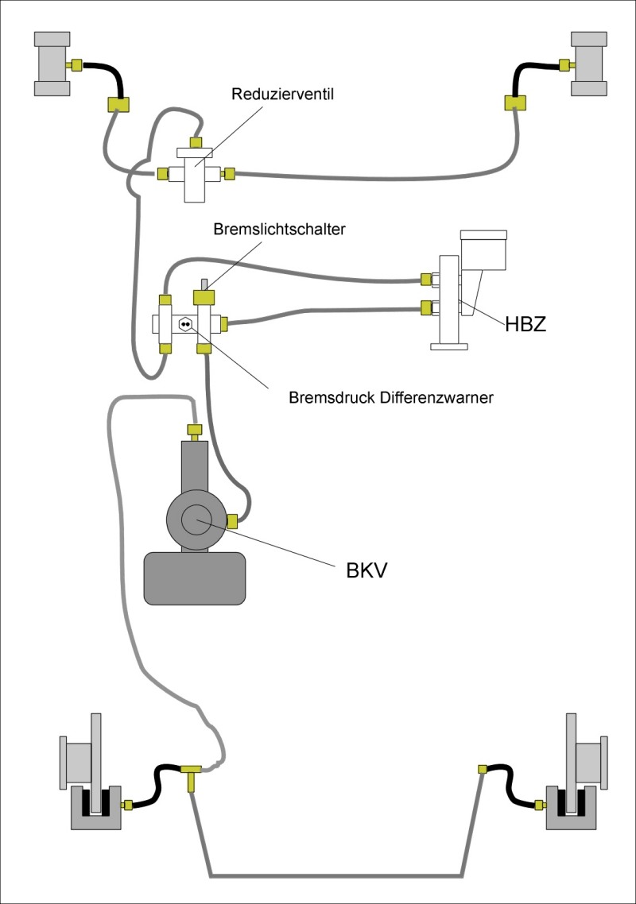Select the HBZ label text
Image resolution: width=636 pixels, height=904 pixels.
tap(525, 323)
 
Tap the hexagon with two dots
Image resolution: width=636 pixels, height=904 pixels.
tap(185, 323)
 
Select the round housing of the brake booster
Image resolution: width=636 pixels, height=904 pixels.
tap(195, 521)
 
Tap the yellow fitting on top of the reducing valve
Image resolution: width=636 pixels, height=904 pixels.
tap(195, 141)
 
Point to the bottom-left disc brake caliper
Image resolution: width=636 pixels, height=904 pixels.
tap(95, 809)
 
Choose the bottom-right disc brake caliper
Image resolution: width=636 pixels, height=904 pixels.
tap(570, 809)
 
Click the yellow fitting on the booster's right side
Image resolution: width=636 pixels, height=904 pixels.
tap(233, 521)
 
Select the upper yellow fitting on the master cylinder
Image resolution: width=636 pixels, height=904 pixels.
tap(426, 279)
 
